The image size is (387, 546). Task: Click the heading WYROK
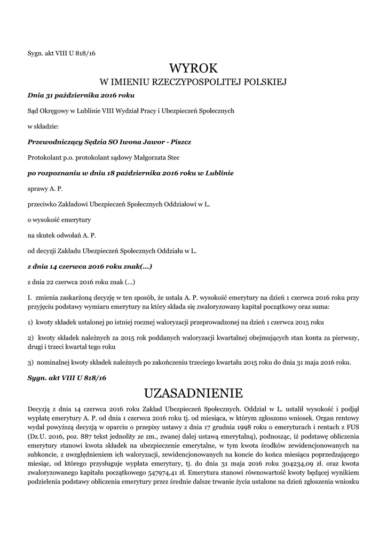point(193,68)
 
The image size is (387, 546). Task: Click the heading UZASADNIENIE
point(193,393)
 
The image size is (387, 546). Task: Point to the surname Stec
point(172,158)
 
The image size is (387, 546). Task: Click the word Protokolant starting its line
point(46,158)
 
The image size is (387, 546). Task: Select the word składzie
point(47,127)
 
